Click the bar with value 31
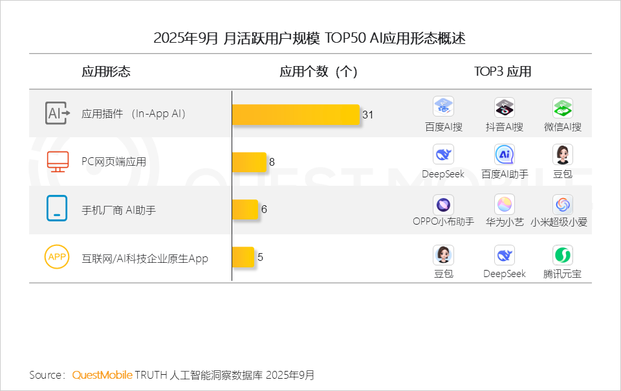[295, 115]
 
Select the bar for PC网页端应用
[249, 162]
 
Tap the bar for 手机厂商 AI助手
[245, 209]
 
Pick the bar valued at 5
[243, 257]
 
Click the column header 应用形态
[106, 72]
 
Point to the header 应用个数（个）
[318, 72]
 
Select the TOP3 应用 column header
[503, 72]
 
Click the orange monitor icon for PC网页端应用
[58, 161]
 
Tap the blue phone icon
[57, 209]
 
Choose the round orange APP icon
[57, 257]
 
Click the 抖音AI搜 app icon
[505, 107]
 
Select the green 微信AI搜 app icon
[563, 107]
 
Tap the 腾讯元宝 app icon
[563, 255]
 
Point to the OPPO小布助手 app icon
[443, 205]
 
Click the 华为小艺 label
[505, 222]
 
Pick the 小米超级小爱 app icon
[563, 205]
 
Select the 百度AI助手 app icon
[505, 155]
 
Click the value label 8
[272, 162]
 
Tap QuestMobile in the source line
[102, 375]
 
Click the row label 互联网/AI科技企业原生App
[145, 258]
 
